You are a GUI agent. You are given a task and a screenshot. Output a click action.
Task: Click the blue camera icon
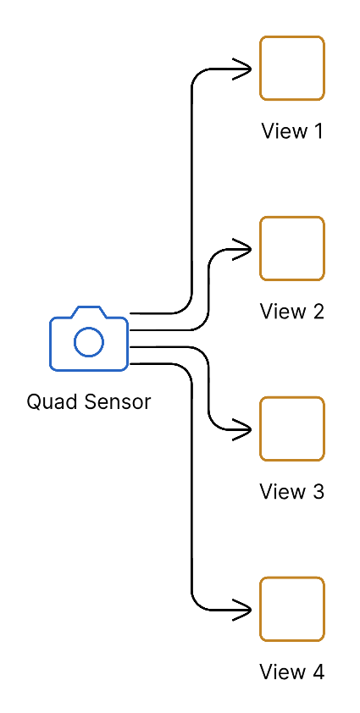(89, 339)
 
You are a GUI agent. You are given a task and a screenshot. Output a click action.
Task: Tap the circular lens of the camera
(89, 342)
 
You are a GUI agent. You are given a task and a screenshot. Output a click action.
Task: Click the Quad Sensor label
(89, 401)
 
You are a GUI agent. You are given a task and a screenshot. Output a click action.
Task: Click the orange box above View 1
(292, 68)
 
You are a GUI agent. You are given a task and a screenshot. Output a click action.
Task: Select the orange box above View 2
(292, 248)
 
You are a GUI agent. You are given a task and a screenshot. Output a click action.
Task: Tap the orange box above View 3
(292, 428)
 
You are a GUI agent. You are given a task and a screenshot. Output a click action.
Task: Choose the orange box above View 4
(292, 609)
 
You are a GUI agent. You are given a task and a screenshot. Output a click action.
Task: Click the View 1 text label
(292, 131)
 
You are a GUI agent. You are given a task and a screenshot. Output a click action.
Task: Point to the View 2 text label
(292, 312)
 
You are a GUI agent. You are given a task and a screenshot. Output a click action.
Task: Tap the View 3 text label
(292, 492)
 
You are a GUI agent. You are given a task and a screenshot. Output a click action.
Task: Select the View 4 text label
(292, 672)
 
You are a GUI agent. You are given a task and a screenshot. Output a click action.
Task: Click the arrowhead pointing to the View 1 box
(245, 69)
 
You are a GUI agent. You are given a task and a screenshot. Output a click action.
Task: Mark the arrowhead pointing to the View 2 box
(245, 249)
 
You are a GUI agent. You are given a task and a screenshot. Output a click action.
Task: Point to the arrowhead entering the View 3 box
(245, 429)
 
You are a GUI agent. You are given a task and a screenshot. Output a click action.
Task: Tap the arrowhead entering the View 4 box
(245, 610)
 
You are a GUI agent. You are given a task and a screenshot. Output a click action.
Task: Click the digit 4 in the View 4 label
(318, 672)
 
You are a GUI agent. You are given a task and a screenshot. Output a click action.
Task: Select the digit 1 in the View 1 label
(318, 131)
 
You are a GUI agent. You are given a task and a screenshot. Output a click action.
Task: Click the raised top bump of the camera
(89, 311)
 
